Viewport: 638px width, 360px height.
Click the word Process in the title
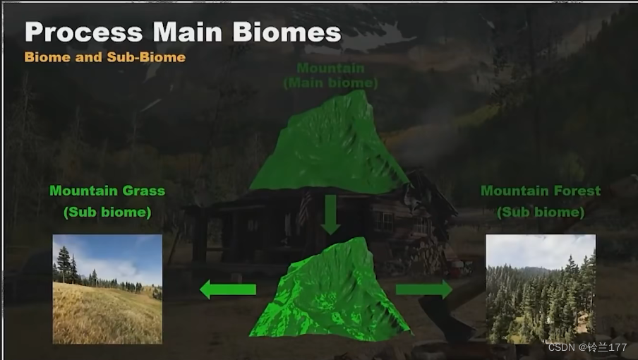pyautogui.click(x=84, y=32)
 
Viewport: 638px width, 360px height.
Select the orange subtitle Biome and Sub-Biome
pyautogui.click(x=105, y=57)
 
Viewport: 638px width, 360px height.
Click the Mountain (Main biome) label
pyautogui.click(x=330, y=76)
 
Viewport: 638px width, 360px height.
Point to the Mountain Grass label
pyautogui.click(x=107, y=191)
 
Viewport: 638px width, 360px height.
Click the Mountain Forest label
pyautogui.click(x=541, y=191)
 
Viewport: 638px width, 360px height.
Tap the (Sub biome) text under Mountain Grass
pyautogui.click(x=107, y=212)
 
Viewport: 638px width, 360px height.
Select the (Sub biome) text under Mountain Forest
pyautogui.click(x=541, y=212)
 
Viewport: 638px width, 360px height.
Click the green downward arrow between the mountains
pyautogui.click(x=330, y=215)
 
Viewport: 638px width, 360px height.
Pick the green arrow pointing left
pyautogui.click(x=228, y=289)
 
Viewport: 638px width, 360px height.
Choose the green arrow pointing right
pyautogui.click(x=424, y=289)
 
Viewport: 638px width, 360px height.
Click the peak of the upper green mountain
pyautogui.click(x=361, y=92)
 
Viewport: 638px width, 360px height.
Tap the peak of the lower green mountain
pyautogui.click(x=360, y=239)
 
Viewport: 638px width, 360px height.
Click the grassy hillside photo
pyautogui.click(x=107, y=289)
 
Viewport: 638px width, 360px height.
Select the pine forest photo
pyautogui.click(x=541, y=289)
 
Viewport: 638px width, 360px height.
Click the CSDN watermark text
pyautogui.click(x=588, y=347)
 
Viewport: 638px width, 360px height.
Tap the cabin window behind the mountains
pyautogui.click(x=384, y=222)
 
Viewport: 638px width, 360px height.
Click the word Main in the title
pyautogui.click(x=188, y=32)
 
